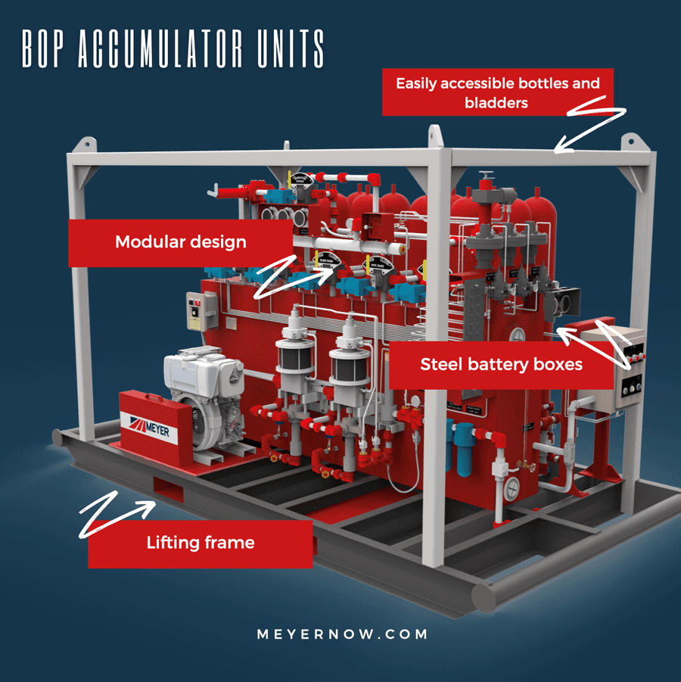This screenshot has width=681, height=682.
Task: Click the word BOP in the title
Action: click(44, 50)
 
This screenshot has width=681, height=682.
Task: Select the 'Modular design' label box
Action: click(180, 243)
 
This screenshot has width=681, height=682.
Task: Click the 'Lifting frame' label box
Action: click(200, 543)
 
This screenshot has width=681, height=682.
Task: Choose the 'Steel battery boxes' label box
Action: click(501, 365)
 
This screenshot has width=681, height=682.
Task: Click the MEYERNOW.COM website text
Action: click(341, 634)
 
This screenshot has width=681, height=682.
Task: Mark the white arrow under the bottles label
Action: click(590, 125)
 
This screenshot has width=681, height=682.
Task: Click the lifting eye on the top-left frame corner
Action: click(85, 144)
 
